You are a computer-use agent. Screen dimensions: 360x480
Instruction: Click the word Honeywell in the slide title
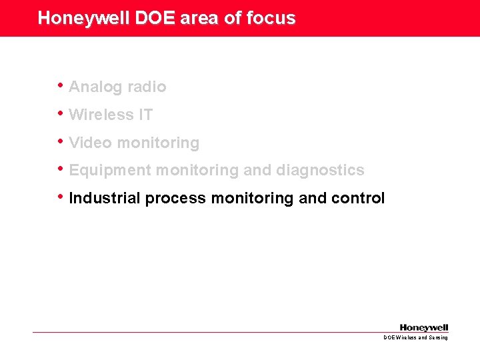click(x=84, y=18)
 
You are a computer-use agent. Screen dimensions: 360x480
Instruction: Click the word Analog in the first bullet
click(x=95, y=87)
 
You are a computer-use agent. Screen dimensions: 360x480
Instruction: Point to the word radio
click(x=146, y=87)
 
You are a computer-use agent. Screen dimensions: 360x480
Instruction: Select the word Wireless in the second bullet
click(x=101, y=115)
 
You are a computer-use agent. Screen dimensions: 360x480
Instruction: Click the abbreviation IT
click(x=145, y=115)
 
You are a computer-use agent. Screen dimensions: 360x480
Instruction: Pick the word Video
click(x=90, y=143)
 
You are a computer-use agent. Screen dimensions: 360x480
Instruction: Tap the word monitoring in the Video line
click(x=157, y=143)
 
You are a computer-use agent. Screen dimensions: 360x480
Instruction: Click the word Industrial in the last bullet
click(x=105, y=199)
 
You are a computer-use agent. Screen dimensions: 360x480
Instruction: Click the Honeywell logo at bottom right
click(x=424, y=327)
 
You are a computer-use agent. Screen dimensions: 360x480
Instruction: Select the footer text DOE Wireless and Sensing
click(x=415, y=338)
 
